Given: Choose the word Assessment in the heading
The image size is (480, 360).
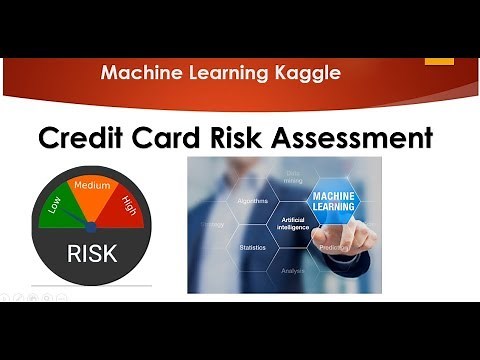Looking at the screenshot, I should click(358, 137).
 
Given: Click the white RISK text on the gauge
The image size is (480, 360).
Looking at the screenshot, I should click(92, 253).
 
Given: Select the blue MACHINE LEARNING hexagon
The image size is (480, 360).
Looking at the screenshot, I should click(342, 199).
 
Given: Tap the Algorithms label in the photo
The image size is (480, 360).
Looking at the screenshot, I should click(252, 200).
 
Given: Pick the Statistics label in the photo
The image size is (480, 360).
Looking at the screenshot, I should click(252, 246).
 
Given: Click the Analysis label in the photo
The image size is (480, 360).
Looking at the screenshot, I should click(293, 269).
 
